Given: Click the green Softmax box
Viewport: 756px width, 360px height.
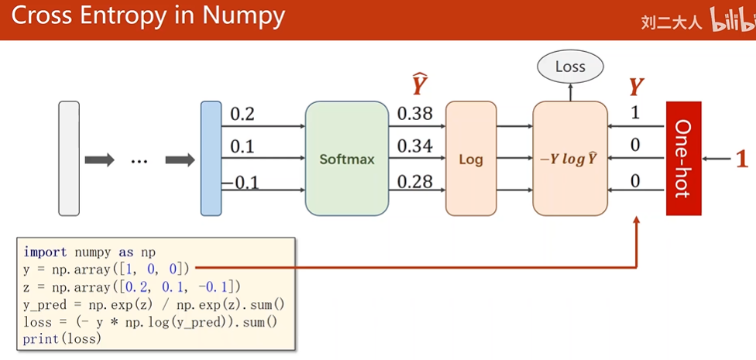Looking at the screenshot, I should click(346, 159).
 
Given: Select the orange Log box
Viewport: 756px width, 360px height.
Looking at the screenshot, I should click(470, 159).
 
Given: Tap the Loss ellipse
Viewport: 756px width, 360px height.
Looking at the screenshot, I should click(570, 67).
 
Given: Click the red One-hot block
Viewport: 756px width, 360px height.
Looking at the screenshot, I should click(683, 159).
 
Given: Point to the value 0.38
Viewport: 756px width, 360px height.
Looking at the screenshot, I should click(415, 114).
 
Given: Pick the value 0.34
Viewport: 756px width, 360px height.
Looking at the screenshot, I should click(415, 146).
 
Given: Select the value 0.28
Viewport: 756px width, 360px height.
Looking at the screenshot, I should click(415, 181).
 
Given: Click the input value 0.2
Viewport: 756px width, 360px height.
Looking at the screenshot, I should click(242, 114).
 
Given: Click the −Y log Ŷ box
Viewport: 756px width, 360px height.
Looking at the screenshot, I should click(569, 159).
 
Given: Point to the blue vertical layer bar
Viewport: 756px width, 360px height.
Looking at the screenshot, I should click(211, 158).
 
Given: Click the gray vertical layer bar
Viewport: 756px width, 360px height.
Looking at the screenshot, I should click(69, 158).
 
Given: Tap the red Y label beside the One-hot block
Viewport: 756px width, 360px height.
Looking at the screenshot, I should click(636, 86).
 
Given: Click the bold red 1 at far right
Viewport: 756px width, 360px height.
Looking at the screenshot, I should click(741, 159).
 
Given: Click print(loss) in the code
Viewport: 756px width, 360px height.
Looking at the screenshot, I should click(62, 339).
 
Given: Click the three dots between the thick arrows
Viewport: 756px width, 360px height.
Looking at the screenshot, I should click(139, 161).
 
